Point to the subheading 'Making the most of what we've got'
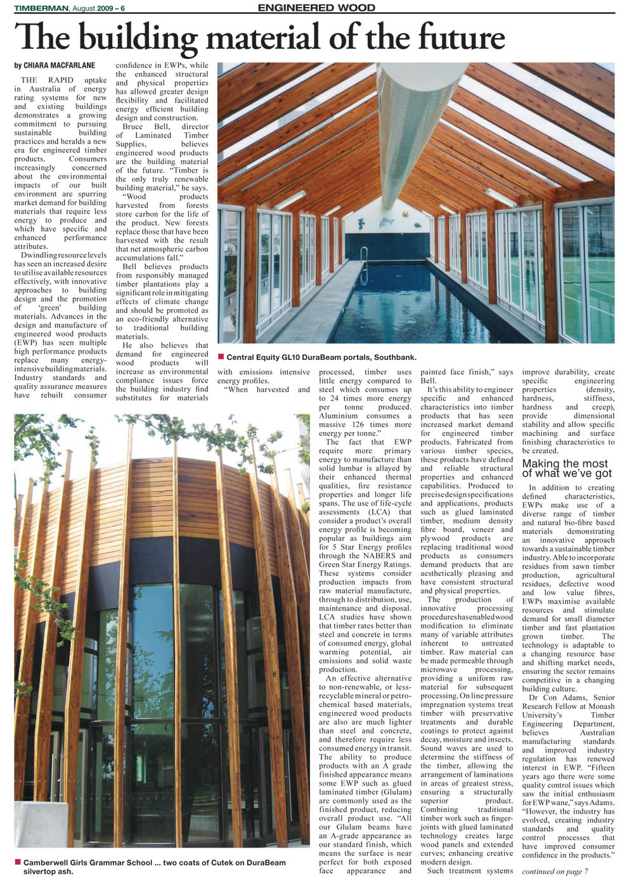(x=567, y=468)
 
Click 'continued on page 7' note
(x=555, y=871)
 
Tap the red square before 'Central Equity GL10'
(x=221, y=357)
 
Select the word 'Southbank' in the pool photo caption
(x=396, y=357)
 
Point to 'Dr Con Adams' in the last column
(x=551, y=697)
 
